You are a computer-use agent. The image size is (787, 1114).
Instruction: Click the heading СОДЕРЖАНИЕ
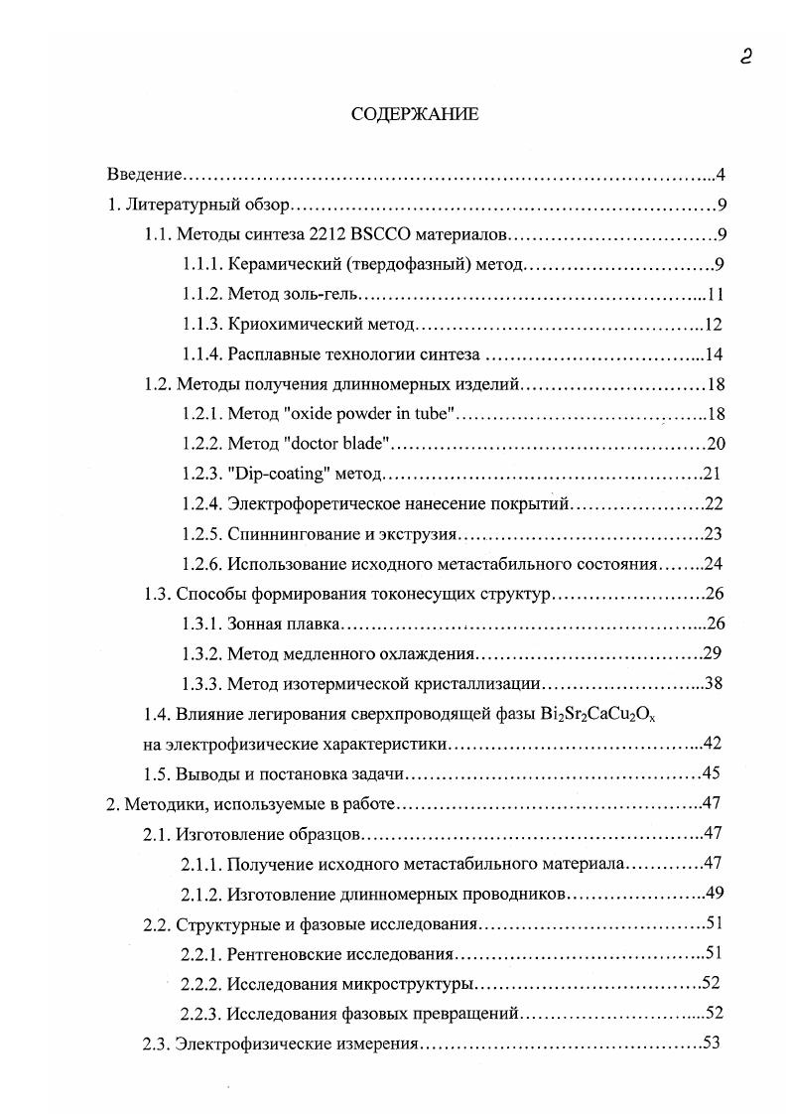point(414,114)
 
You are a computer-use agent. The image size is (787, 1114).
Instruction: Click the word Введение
point(144,176)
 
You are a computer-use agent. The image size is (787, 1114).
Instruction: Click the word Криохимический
point(285,325)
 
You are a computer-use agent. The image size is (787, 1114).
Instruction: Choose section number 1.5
point(158,773)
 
